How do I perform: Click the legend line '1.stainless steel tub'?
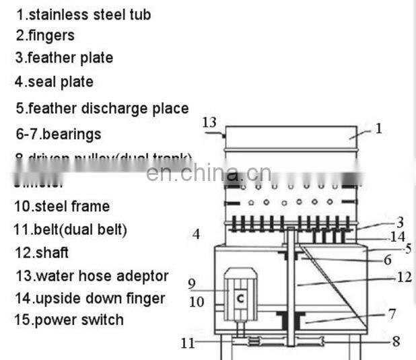click(83, 13)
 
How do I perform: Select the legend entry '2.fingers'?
click(46, 35)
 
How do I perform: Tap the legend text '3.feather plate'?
click(65, 58)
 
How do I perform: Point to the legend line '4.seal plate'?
click(55, 82)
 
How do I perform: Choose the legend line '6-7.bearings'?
click(59, 134)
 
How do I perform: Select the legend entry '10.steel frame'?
click(62, 206)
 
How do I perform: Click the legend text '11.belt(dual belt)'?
click(71, 229)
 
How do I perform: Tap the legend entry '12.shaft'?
click(42, 253)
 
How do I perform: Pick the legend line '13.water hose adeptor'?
click(92, 276)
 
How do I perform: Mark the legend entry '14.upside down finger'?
click(90, 297)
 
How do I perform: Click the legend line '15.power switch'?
click(69, 319)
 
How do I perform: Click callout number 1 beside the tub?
click(378, 128)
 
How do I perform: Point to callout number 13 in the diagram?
click(209, 122)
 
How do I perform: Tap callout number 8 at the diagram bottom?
click(396, 341)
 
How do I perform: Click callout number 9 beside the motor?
click(191, 283)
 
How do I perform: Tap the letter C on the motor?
click(240, 296)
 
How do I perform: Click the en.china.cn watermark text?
click(209, 173)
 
